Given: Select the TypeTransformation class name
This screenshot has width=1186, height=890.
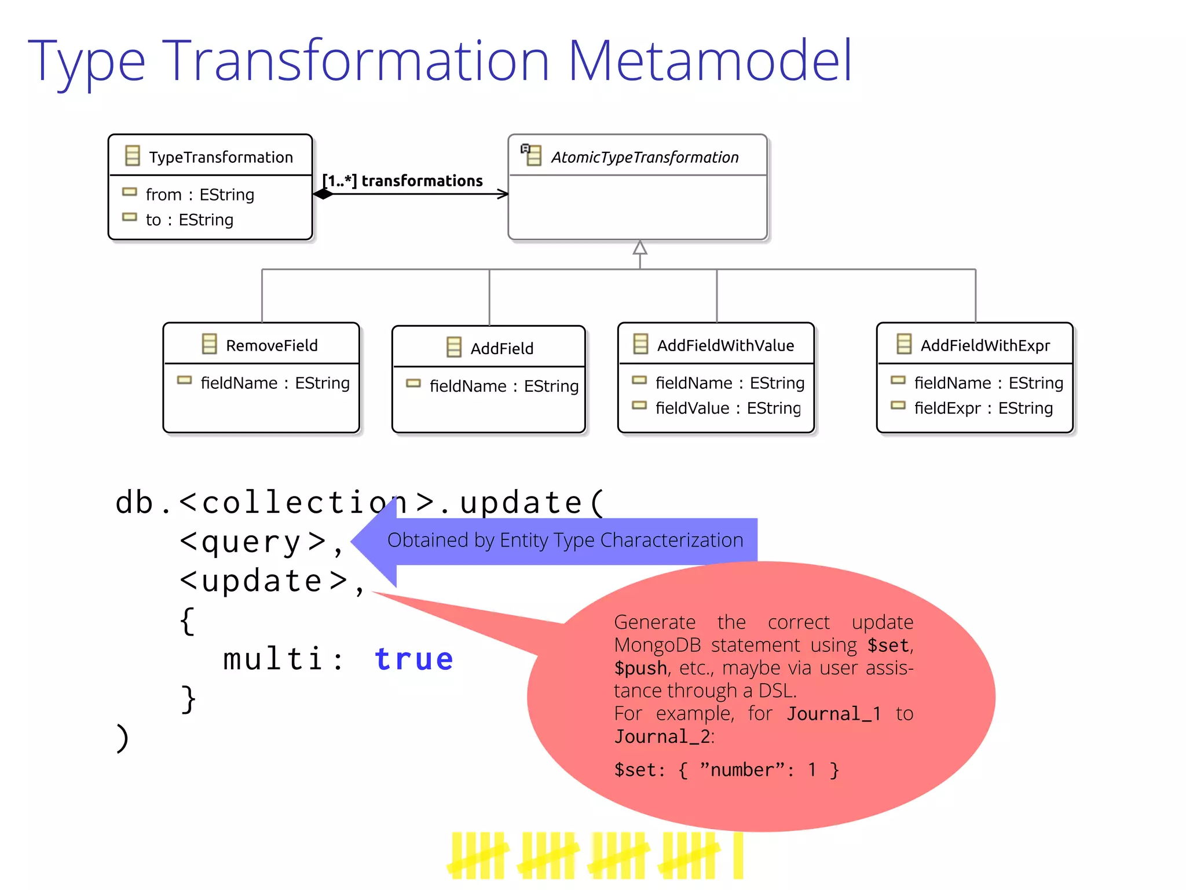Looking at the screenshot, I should coord(221,157).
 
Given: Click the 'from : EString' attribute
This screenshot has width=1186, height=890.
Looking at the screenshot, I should coord(199,195).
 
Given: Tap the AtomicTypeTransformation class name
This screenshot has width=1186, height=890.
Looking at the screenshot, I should coord(644,157).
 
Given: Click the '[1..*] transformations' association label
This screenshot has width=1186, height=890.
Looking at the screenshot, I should coord(403,181).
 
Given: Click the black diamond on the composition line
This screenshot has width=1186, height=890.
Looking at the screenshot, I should coord(323,194).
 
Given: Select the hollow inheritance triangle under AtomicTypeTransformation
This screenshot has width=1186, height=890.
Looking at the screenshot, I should coord(639,248).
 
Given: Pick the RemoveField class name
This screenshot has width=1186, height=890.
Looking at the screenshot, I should coord(271,345).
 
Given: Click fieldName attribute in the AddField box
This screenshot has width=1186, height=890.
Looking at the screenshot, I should coord(503,386).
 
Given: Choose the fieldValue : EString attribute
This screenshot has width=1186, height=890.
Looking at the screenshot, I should coord(727,408).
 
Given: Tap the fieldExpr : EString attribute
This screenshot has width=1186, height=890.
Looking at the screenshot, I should coord(983,408).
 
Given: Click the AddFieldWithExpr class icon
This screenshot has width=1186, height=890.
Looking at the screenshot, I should coord(903,344).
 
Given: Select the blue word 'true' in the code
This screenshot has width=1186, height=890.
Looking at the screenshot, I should coord(413,659).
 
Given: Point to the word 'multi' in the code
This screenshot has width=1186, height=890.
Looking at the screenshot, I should coord(272,659).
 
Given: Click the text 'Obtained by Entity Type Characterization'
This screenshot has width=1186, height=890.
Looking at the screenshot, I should coord(565,540).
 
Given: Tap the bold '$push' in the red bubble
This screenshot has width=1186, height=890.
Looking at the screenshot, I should coord(640,668).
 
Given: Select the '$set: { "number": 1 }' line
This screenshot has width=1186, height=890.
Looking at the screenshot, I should coord(726,770).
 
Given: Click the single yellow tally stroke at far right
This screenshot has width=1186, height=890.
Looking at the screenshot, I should coord(737,855).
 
